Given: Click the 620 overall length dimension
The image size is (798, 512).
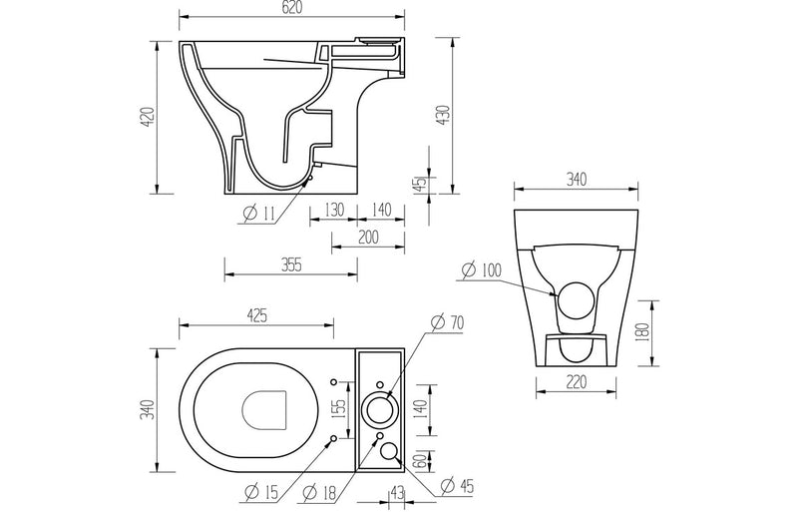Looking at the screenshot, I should pos(292,8).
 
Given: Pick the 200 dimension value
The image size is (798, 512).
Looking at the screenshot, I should pos(369,237).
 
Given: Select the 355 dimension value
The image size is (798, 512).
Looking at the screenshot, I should pos(290,264).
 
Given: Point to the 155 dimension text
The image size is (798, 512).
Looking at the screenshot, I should pos(339,409).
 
